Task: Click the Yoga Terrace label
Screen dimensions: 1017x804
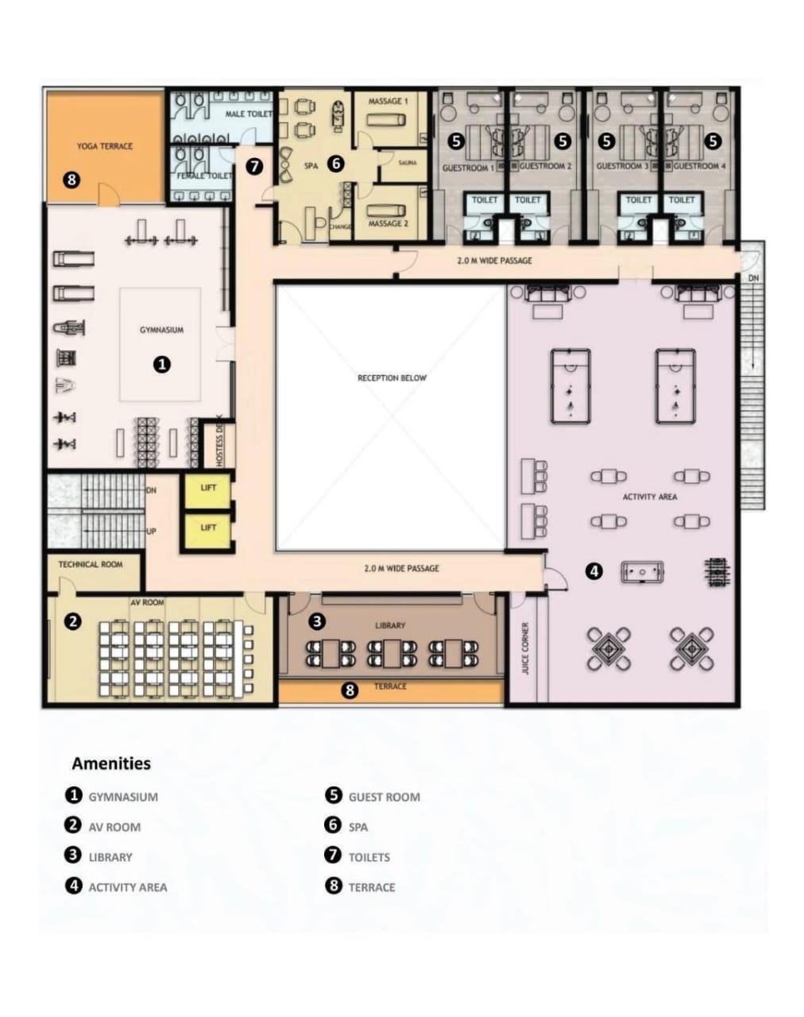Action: coord(105,146)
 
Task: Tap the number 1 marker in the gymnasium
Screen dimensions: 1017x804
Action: coord(162,364)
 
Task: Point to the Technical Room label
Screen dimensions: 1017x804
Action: coord(91,564)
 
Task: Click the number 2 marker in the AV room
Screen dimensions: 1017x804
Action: coord(73,621)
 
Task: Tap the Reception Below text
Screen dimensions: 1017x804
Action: coord(392,378)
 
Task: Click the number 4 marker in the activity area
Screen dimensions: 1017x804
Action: coord(594,570)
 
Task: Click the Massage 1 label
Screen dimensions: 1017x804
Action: coord(388,102)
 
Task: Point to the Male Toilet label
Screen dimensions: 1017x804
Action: coord(248,114)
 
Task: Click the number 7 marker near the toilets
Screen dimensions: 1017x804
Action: coord(254,167)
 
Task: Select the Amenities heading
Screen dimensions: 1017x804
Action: coord(111,764)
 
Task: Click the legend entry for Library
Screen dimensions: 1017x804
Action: coord(110,857)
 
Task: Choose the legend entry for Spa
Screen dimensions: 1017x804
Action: coord(358,827)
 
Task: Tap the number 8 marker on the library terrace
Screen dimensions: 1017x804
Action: coord(350,690)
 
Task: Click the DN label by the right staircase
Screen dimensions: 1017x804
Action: coord(753,278)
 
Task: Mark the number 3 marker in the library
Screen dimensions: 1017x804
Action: coord(316,621)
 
